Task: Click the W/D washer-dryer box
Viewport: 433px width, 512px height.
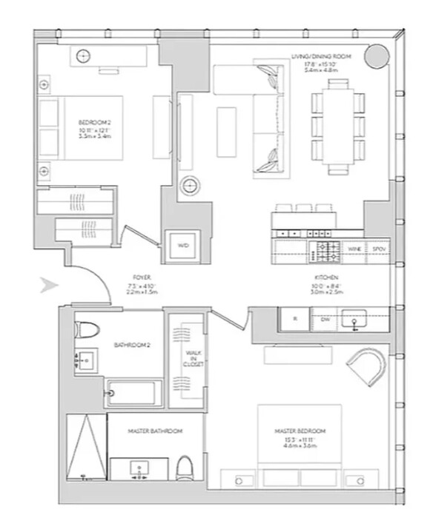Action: point(183,246)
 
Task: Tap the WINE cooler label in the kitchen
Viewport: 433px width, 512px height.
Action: point(355,249)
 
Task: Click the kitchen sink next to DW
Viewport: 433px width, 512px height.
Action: point(355,320)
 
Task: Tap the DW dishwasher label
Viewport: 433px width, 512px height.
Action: point(325,319)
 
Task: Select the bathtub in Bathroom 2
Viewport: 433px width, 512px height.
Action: point(134,392)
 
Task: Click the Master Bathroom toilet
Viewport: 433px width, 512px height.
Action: point(185,467)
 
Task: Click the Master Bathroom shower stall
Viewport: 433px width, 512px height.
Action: point(87,447)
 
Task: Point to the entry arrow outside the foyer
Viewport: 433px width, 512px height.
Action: point(48,285)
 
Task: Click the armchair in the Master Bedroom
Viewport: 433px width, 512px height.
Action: point(367,368)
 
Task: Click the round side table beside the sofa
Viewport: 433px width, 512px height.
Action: point(190,184)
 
